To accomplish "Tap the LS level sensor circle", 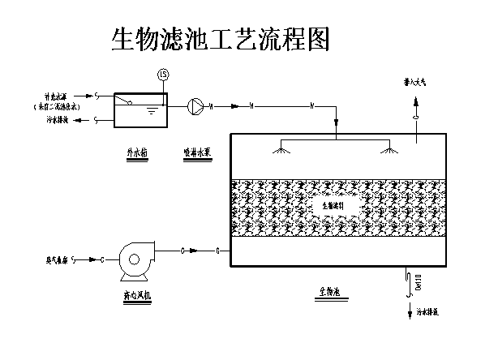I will coord(163,75).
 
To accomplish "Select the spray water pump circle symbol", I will coord(195,105).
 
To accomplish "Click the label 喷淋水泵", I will coord(197,151).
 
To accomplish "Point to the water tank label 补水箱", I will coord(138,152).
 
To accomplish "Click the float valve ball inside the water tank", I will coord(129,101).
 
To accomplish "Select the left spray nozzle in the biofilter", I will coord(282,149).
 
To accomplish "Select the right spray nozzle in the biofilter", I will coord(390,149).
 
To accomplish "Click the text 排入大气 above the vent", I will coord(416,82).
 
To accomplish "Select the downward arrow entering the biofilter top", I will coord(336,122).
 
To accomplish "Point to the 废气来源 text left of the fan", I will coord(55,259).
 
